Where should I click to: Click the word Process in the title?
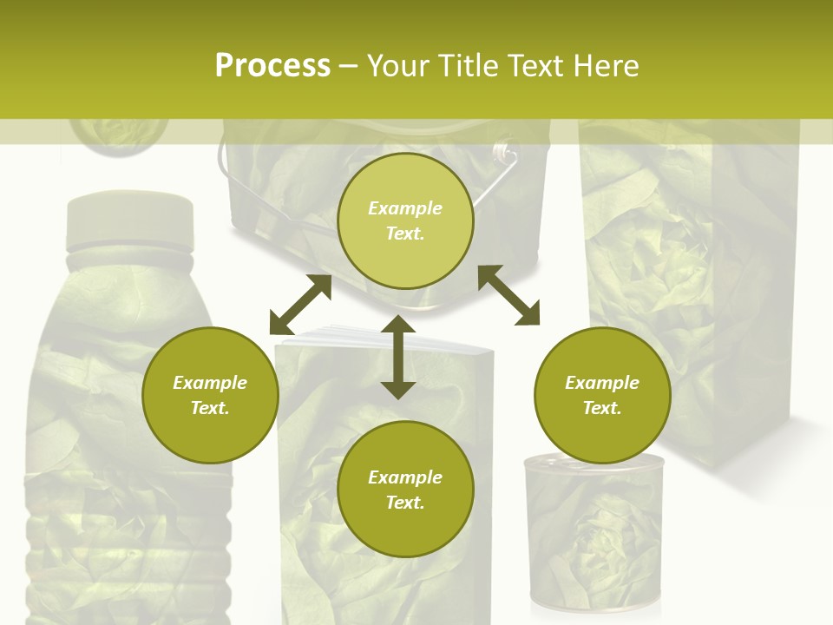[x=272, y=66]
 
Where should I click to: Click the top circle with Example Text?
[x=405, y=220]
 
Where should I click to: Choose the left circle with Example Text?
[x=210, y=395]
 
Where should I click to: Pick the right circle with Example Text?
[x=602, y=395]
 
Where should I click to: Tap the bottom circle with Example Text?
[x=405, y=490]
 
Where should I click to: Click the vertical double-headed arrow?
[x=398, y=357]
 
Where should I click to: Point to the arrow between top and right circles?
[x=508, y=295]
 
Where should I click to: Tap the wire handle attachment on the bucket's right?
[x=503, y=156]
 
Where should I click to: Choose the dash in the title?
[x=349, y=66]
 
